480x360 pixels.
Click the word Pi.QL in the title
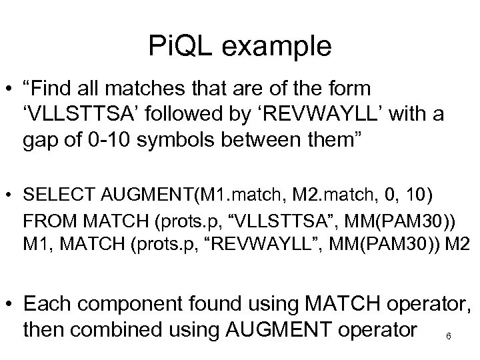pos(182,47)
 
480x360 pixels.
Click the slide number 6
pos(448,335)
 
